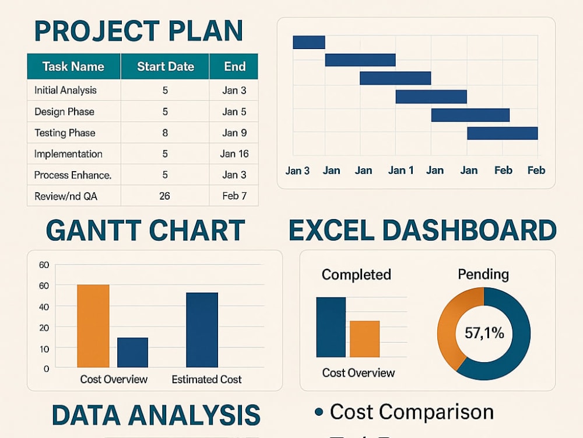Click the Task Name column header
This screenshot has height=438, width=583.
pos(73,67)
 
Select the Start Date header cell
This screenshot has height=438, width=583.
pos(166,67)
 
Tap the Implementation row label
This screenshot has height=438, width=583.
pos(68,154)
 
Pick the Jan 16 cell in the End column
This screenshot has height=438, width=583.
pos(234,154)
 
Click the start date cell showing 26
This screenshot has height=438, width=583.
pos(165,196)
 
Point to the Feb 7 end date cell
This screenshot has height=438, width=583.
pos(234,196)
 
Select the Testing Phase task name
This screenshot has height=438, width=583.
pos(65,133)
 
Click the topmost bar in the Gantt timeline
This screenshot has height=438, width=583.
pos(309,42)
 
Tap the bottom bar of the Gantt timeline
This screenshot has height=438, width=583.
pos(503,133)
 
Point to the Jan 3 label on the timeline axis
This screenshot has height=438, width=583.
pos(297,171)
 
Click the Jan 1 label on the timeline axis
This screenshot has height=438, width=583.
pos(401,170)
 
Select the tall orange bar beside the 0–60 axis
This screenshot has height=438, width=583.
pos(93,326)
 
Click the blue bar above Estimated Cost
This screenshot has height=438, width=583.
pos(202,330)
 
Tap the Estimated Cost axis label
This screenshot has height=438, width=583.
pos(207,380)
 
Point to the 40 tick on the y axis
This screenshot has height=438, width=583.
pos(44,307)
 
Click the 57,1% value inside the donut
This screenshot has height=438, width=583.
pos(484,333)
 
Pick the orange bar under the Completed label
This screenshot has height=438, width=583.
pos(365,339)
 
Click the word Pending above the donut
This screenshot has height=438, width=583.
pos(483,274)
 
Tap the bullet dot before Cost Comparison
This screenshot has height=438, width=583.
pos(319,412)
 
